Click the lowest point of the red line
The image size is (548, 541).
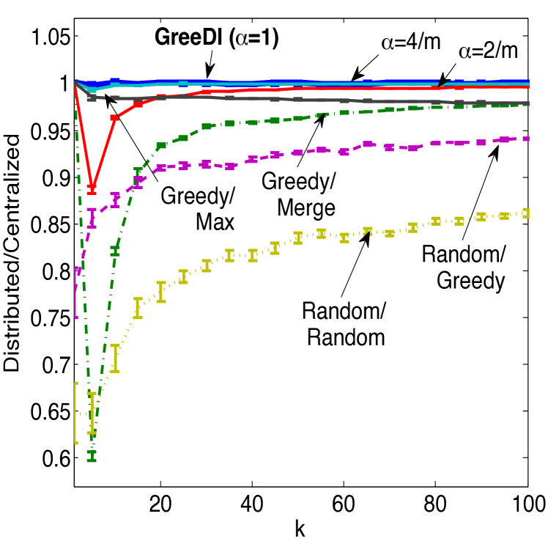pos(92,188)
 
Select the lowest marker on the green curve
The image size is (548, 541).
pos(92,455)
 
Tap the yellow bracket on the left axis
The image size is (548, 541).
pos(76,413)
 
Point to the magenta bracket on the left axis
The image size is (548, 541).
pos(76,292)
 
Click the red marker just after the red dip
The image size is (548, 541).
pos(114,117)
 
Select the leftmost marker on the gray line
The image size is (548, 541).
pos(92,97)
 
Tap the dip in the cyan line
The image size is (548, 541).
pos(92,89)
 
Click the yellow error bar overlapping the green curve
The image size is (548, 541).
pos(92,413)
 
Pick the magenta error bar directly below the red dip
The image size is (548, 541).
pos(92,217)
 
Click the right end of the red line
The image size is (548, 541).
pos(527,87)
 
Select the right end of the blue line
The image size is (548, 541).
pos(527,81)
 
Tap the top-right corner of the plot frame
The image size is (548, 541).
pos(527,18)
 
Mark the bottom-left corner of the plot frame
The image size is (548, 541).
pos(74,487)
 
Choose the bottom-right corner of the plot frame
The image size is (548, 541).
pos(527,487)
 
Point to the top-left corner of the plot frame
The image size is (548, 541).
pos(74,18)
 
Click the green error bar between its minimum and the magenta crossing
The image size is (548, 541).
pos(114,250)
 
